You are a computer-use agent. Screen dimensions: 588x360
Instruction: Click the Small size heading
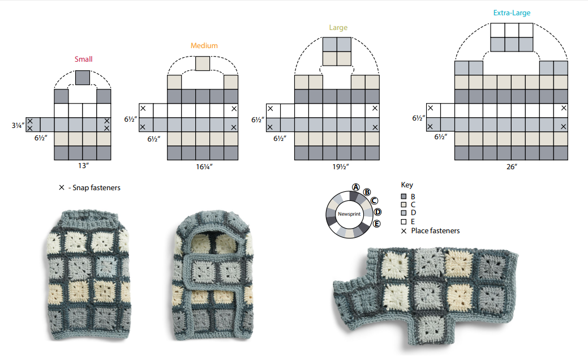coord(83,59)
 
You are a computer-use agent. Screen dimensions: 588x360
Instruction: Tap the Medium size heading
coord(204,46)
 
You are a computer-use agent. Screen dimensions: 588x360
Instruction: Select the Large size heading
coord(338,28)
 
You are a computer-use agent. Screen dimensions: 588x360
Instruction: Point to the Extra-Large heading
coord(512,13)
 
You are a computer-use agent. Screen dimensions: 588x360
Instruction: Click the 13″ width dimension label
coord(83,166)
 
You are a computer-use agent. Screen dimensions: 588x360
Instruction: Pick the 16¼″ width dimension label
coord(204,166)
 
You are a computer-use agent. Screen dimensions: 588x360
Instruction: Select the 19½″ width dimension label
coord(341,166)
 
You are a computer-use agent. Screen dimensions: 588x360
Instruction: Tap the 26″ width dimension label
coord(512,166)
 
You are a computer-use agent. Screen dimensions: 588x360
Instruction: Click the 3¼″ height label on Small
coord(18,125)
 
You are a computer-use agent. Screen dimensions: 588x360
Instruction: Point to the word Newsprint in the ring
coord(349,214)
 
